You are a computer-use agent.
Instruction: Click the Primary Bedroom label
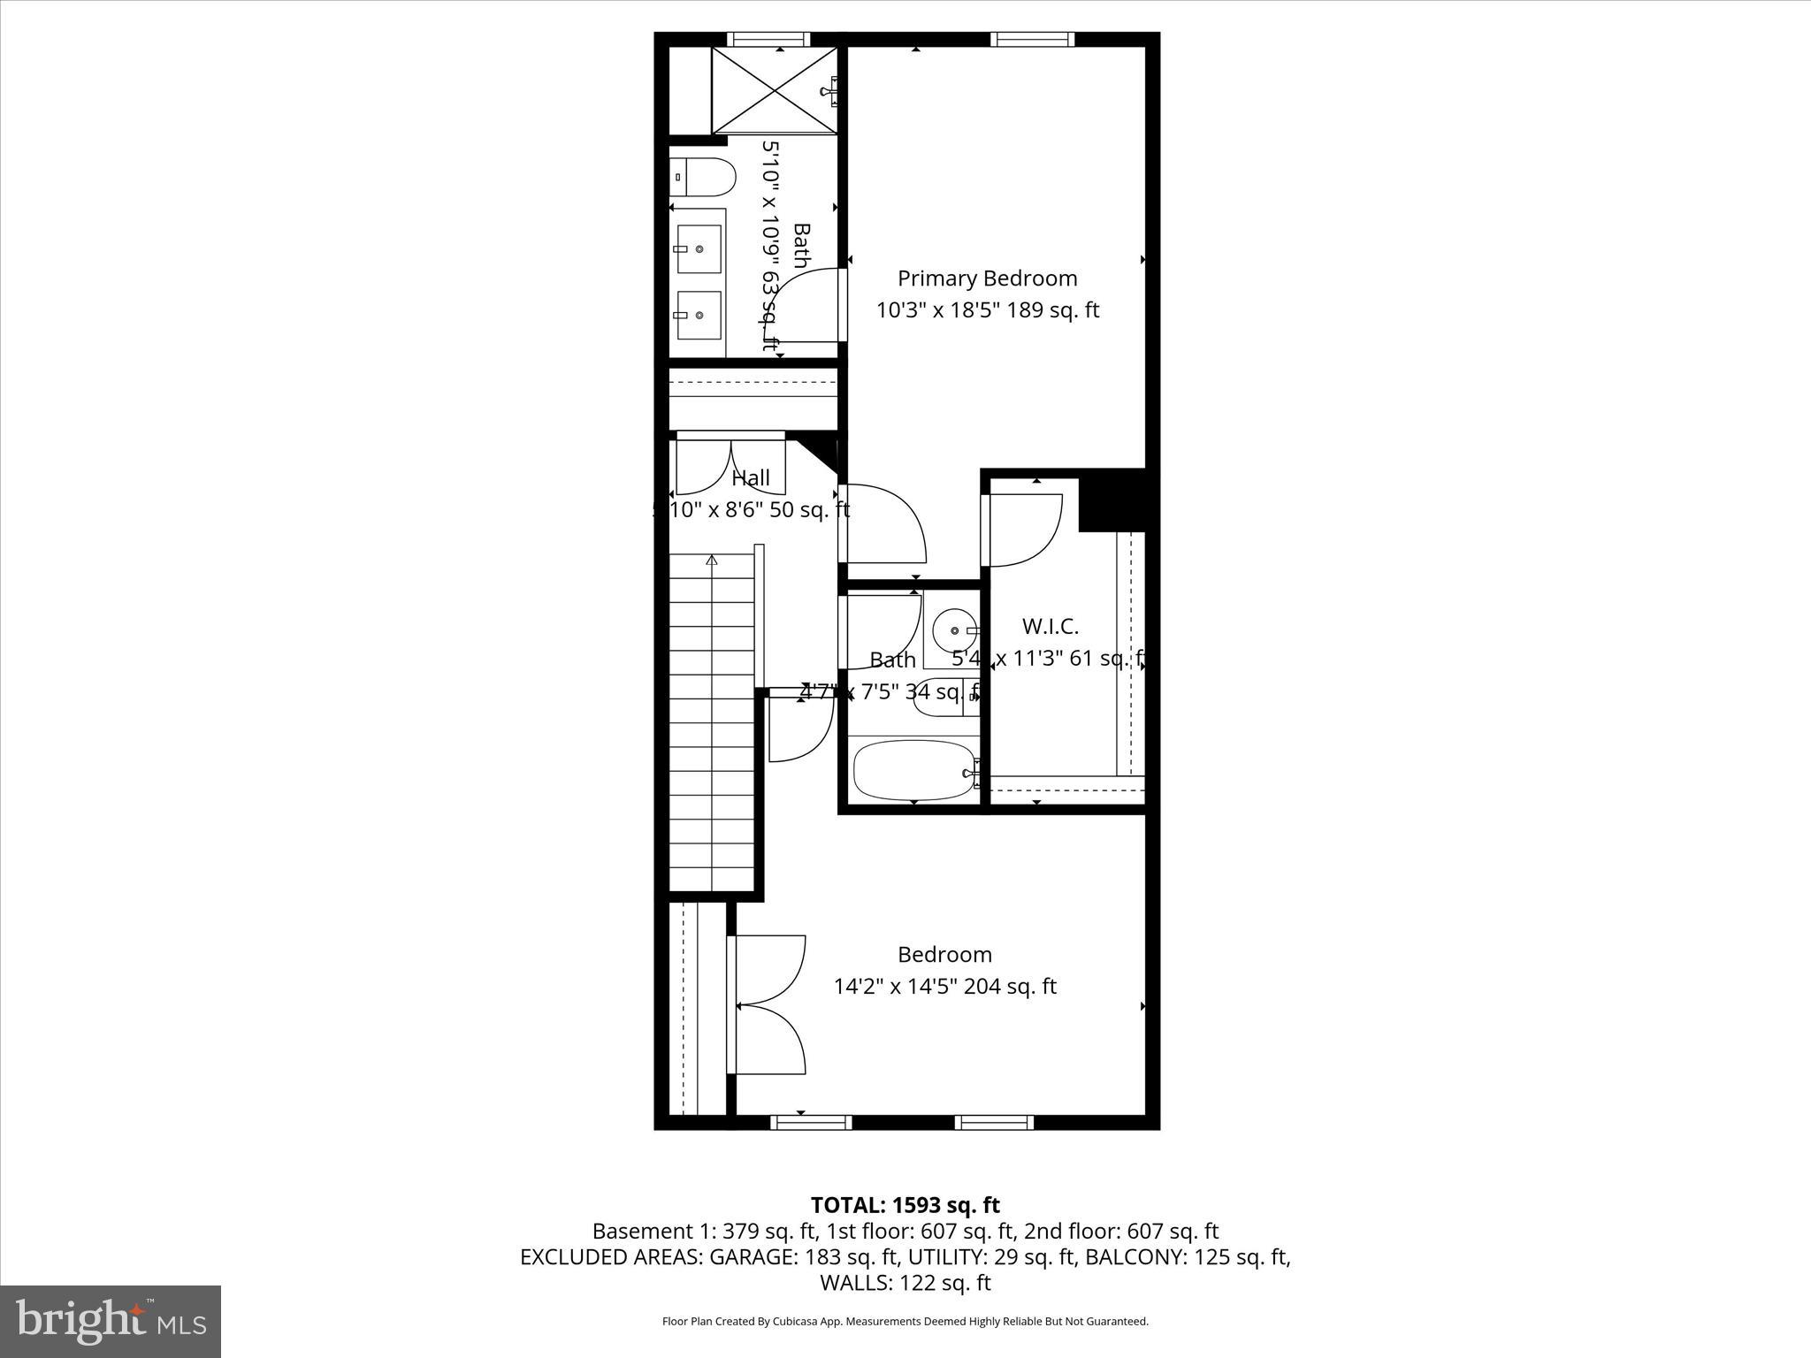click(x=987, y=278)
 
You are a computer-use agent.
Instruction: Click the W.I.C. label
click(x=1050, y=627)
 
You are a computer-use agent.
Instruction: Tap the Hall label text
click(x=751, y=478)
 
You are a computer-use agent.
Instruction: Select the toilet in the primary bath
click(x=703, y=178)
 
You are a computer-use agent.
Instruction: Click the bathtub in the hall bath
click(x=913, y=771)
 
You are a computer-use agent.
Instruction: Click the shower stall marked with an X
click(x=775, y=91)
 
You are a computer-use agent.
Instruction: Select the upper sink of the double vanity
click(x=699, y=249)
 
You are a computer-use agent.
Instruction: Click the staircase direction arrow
click(x=712, y=560)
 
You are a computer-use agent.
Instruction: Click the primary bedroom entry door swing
click(x=884, y=524)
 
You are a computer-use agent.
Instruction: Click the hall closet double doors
click(x=730, y=465)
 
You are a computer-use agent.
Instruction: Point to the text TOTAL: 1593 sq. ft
click(x=905, y=1205)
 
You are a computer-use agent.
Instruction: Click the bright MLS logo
click(x=111, y=1321)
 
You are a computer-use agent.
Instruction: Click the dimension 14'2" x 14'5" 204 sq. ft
click(x=944, y=987)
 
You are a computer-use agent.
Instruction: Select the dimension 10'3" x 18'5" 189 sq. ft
click(x=987, y=311)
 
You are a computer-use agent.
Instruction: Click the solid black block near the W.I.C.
click(x=1112, y=501)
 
